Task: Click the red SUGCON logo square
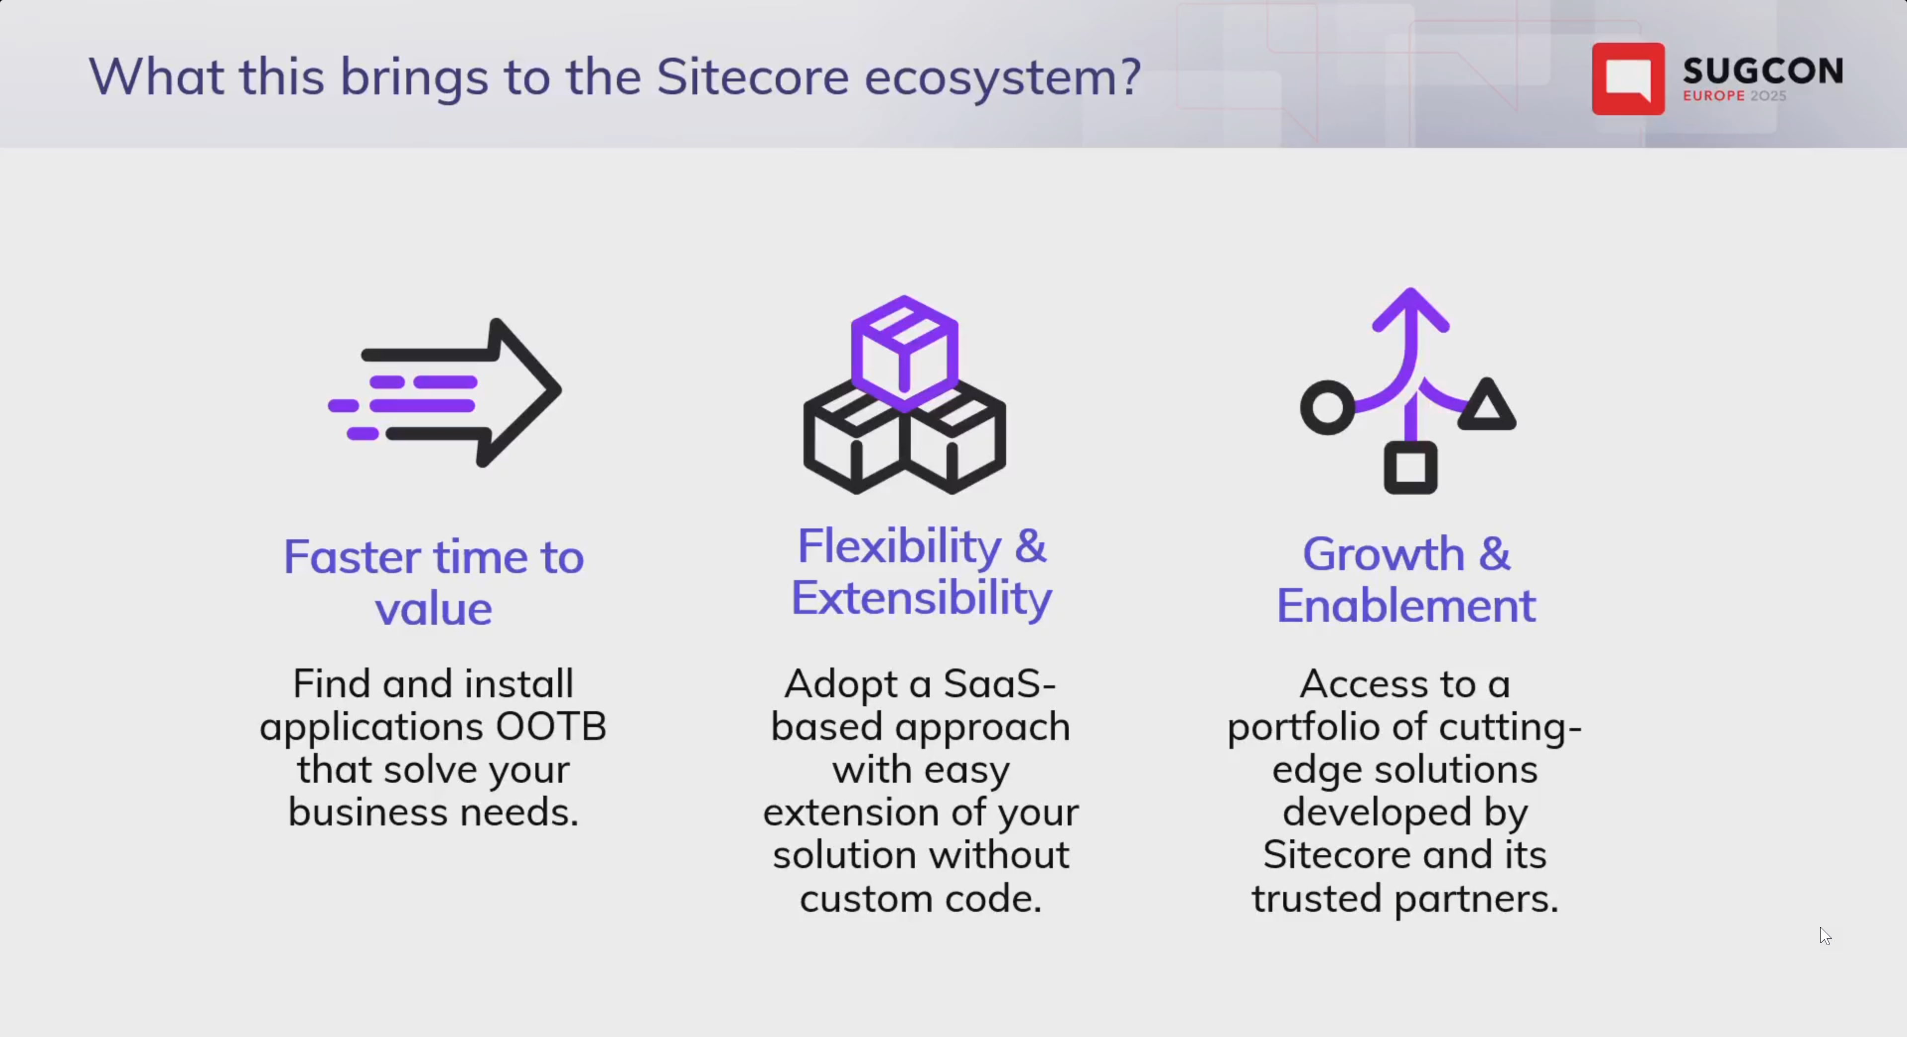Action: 1627,78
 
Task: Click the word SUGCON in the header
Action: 1762,71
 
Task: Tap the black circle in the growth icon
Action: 1327,407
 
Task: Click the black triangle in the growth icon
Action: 1486,407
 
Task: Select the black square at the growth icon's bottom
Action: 1410,468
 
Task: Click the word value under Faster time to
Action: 433,609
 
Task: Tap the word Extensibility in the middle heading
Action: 921,598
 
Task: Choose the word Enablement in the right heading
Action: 1405,605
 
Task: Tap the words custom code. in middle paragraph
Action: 921,898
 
